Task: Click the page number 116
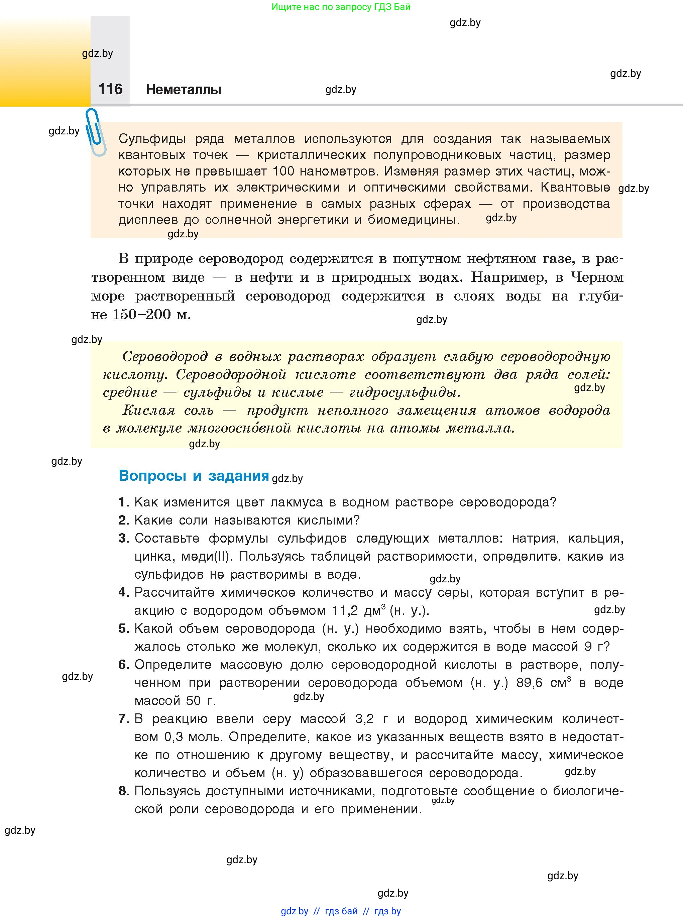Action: pos(110,89)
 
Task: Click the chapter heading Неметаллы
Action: pos(184,89)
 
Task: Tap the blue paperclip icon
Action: pos(96,132)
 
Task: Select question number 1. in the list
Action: pos(124,502)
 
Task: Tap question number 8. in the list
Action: pos(124,791)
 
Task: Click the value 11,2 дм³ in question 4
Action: pos(358,610)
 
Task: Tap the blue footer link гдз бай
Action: pos(341,911)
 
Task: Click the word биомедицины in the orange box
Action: pos(414,220)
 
